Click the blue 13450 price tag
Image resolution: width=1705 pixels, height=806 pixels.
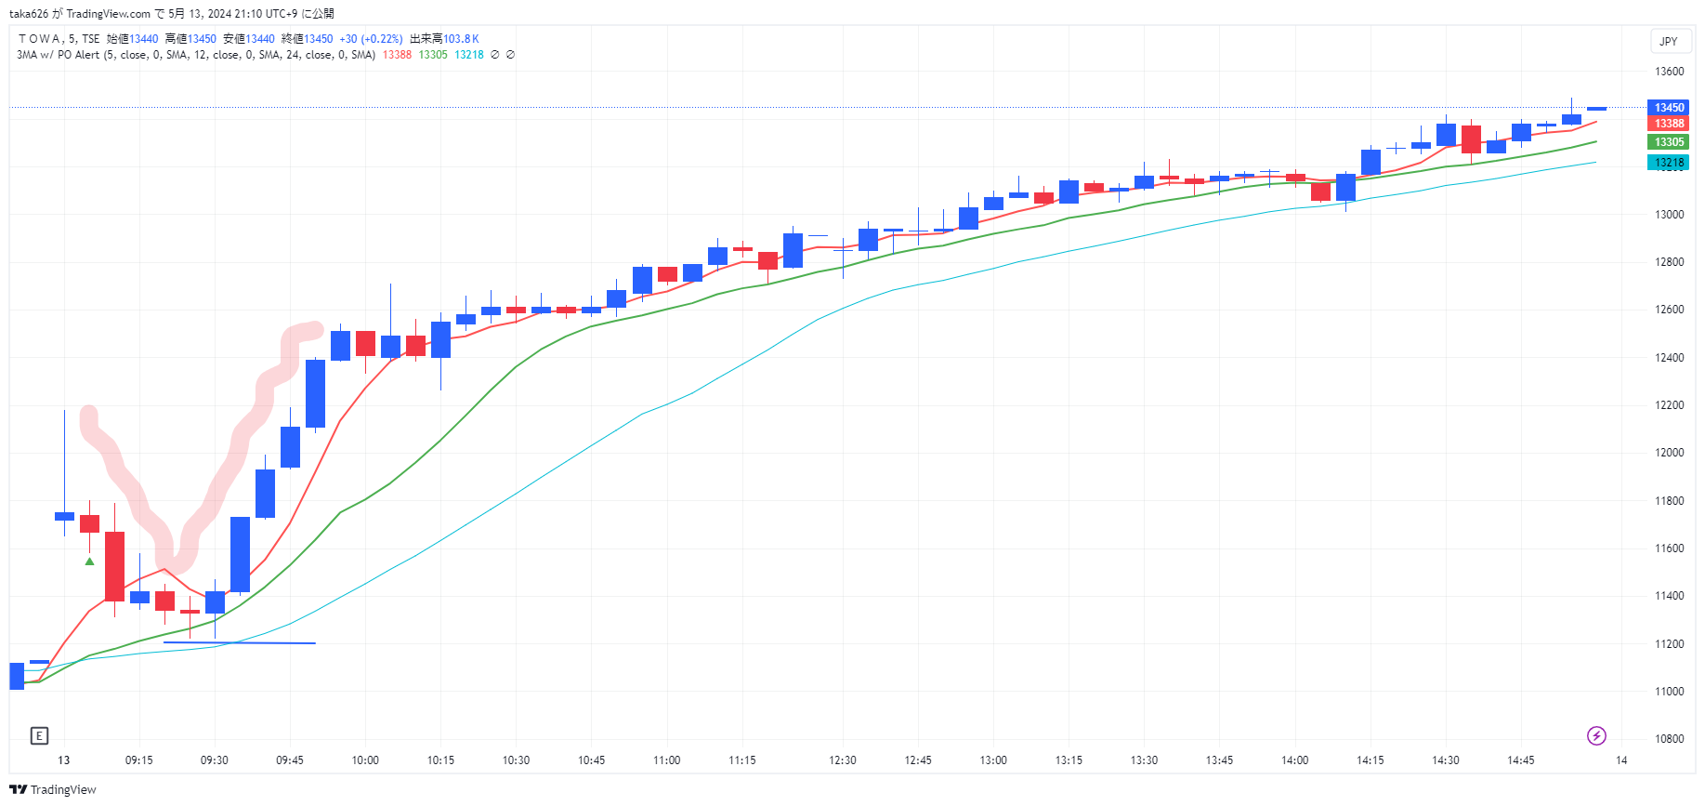pos(1668,108)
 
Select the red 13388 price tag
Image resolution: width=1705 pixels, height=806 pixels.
pos(1668,124)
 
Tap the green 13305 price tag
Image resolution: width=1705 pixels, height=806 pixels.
pos(1668,142)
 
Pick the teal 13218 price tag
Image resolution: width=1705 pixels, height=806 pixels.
pos(1668,163)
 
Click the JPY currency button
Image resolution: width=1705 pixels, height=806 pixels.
pos(1669,42)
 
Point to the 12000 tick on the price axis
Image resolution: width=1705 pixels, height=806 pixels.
pos(1669,453)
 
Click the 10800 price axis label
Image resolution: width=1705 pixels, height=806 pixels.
pos(1669,739)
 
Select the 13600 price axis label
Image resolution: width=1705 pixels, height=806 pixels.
pos(1669,72)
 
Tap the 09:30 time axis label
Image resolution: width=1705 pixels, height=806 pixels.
pos(215,760)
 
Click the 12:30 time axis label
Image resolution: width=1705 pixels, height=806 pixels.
pos(843,760)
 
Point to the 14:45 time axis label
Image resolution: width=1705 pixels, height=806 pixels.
pos(1521,760)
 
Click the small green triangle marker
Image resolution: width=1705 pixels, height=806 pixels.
pos(89,562)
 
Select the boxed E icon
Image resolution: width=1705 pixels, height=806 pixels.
pos(39,736)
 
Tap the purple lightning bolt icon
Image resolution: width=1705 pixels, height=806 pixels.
pos(1596,736)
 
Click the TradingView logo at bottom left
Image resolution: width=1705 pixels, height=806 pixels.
pos(53,790)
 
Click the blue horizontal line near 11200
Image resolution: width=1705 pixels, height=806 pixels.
pos(240,642)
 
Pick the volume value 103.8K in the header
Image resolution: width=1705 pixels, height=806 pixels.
pos(461,39)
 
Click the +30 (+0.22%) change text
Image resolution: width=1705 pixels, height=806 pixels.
pos(371,39)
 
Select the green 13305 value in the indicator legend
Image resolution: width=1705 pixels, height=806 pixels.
pos(433,55)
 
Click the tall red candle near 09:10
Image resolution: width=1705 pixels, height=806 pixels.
pos(114,565)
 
